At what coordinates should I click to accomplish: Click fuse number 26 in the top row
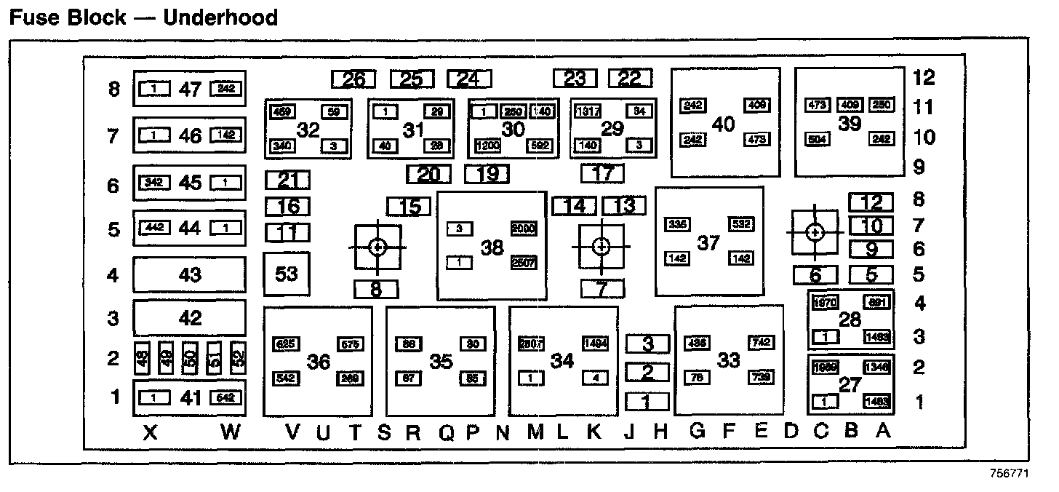tap(353, 79)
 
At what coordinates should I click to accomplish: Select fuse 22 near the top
tap(630, 78)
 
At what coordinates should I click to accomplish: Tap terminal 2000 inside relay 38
tap(524, 229)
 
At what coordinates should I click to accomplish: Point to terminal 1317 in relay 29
tap(587, 111)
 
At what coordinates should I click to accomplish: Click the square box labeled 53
tap(287, 274)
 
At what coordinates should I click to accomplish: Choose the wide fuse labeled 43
tap(189, 275)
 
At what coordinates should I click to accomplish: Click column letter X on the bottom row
tap(150, 433)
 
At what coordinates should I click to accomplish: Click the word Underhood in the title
tap(220, 17)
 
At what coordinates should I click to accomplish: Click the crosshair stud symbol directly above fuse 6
tap(815, 232)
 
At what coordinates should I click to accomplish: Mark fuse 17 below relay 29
tap(602, 173)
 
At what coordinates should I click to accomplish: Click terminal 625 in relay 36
tap(285, 344)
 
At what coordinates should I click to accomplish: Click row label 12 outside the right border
tap(924, 78)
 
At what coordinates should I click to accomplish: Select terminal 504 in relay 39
tap(818, 138)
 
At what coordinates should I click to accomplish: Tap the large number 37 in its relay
tap(708, 242)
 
